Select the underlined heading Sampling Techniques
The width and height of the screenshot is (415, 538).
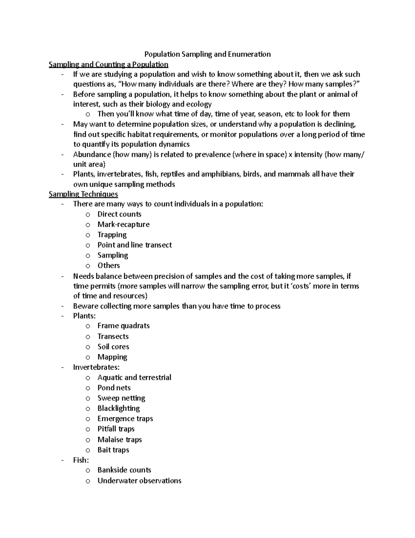click(x=83, y=194)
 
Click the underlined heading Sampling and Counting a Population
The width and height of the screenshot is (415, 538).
click(x=108, y=64)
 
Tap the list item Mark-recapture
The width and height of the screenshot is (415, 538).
click(x=123, y=224)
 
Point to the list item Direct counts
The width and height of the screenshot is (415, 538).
click(x=119, y=214)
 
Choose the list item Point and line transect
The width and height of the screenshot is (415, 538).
click(x=135, y=245)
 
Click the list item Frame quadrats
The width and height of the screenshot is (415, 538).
click(x=123, y=326)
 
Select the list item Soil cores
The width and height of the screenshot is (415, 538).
click(x=113, y=346)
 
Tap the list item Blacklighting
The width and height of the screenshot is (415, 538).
click(x=119, y=408)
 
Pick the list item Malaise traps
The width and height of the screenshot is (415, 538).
click(x=120, y=440)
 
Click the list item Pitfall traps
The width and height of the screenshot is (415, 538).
click(x=116, y=429)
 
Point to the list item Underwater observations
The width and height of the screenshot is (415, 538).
click(x=139, y=480)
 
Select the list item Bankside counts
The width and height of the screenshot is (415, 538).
click(x=124, y=470)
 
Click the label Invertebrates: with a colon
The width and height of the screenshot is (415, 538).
click(x=96, y=367)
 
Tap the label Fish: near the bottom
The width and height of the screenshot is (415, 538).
click(x=81, y=460)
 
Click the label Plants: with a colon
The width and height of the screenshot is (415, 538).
click(x=84, y=316)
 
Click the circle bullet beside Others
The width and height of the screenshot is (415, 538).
click(x=88, y=266)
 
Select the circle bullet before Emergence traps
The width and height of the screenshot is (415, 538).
click(x=88, y=419)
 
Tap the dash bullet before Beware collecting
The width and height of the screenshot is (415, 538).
click(x=62, y=306)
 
